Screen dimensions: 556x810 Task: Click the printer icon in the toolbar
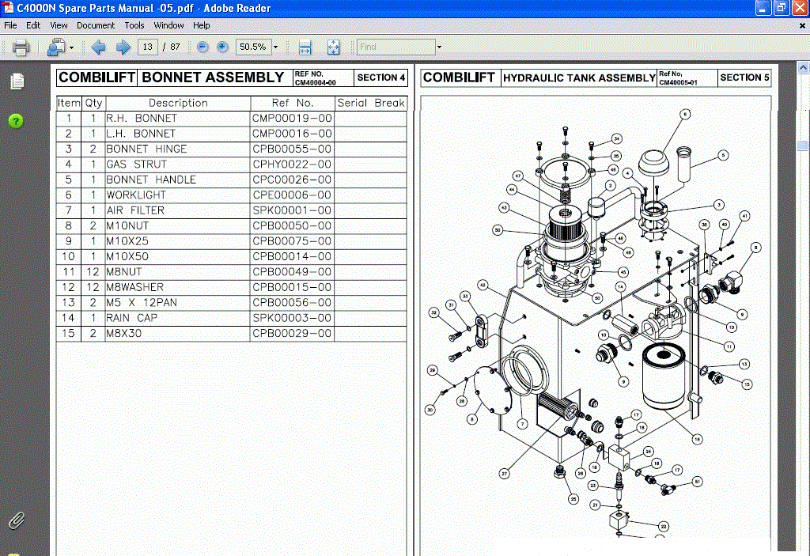pos(21,47)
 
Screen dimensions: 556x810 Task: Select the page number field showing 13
pos(147,47)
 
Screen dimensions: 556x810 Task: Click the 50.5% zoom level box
pos(253,47)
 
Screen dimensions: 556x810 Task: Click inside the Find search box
pos(396,47)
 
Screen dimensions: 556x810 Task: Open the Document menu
pos(96,25)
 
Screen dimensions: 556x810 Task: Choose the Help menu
pos(202,25)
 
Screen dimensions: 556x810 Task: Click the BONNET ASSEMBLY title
pos(213,78)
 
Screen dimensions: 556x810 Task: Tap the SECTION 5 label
pos(744,78)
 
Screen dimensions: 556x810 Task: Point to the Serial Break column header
pos(370,103)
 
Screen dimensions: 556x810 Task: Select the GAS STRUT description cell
pos(137,165)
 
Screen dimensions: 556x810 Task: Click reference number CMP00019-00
pos(291,119)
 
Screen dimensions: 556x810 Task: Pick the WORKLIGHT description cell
pos(136,195)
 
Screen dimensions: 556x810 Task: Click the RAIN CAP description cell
pos(131,318)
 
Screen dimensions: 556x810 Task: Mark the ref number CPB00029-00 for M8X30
pos(291,334)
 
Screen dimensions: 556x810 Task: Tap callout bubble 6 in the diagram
pos(685,114)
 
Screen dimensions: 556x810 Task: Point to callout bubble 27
pos(504,474)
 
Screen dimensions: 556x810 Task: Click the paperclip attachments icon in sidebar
pos(16,520)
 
